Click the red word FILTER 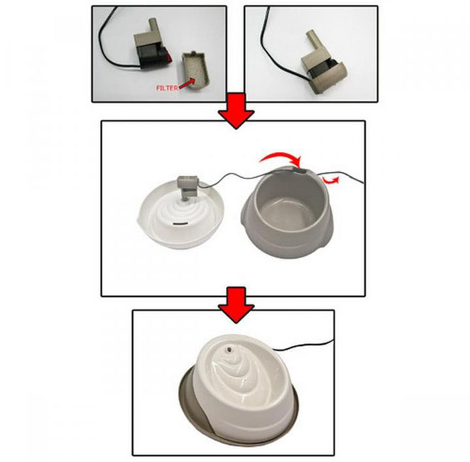[x=167, y=88]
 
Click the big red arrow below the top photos [x=236, y=111]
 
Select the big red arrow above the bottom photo [x=236, y=305]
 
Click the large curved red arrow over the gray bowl [x=280, y=157]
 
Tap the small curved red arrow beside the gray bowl [x=332, y=180]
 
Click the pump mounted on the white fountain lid [x=187, y=188]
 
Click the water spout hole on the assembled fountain [x=229, y=349]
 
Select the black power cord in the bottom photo [x=302, y=345]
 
